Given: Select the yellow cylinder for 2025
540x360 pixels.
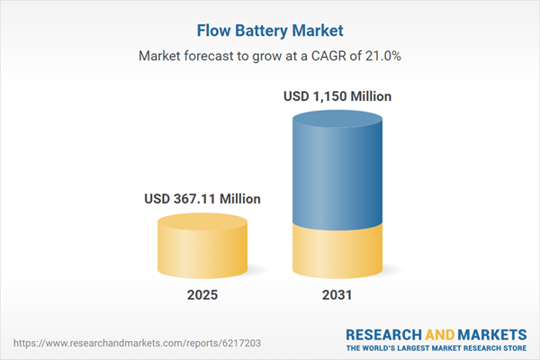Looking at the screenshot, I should pyautogui.click(x=202, y=252).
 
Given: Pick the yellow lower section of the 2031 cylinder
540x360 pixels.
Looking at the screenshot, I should pyautogui.click(x=337, y=252).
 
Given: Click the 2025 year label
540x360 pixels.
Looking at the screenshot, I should pyautogui.click(x=202, y=294).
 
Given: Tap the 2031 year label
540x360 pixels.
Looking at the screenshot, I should pyautogui.click(x=337, y=294).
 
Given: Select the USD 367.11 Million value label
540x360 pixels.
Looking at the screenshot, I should pyautogui.click(x=202, y=199).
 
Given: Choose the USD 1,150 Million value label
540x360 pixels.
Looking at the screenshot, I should pyautogui.click(x=338, y=96).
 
